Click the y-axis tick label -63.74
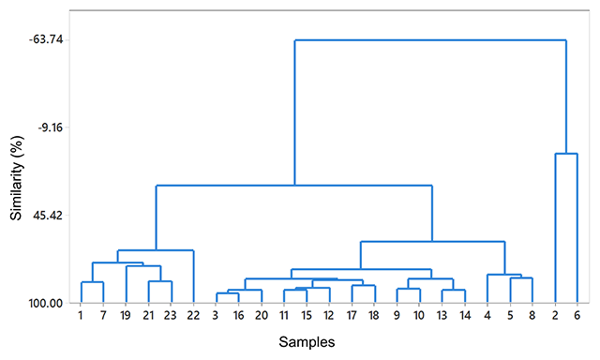tap(46, 39)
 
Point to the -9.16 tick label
tap(50, 127)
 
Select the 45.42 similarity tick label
tap(48, 216)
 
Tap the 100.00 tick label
tap(46, 304)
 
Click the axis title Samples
tap(307, 341)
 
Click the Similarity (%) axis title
tap(17, 178)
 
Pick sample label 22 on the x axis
tap(193, 315)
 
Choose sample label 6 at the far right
tap(577, 315)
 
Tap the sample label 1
tap(81, 315)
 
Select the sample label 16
tap(238, 315)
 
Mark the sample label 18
tap(374, 315)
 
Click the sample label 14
tap(464, 315)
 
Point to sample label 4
tap(487, 315)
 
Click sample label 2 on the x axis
tap(555, 315)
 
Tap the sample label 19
tap(125, 315)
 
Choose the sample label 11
tap(283, 315)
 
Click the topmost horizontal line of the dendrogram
tap(430, 39)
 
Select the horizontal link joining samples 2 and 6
tap(566, 154)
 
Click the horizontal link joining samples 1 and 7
tap(92, 282)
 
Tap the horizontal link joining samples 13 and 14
tap(454, 290)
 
